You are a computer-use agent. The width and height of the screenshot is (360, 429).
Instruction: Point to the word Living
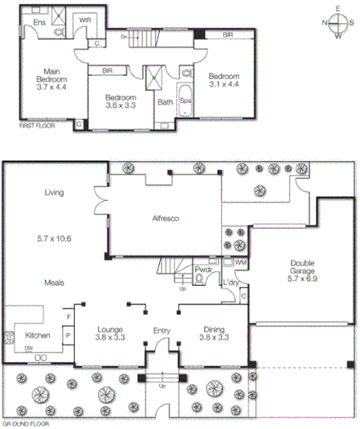point(56,192)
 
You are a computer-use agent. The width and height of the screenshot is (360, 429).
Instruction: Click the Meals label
point(56,282)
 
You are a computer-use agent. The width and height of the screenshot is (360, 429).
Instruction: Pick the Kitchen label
point(38,335)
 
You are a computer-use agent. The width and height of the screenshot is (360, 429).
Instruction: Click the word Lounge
point(112,329)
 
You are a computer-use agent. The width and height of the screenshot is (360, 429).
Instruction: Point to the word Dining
point(213,329)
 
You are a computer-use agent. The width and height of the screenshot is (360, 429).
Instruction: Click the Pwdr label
point(203,269)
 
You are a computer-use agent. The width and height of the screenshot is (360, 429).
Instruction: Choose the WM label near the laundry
point(240,264)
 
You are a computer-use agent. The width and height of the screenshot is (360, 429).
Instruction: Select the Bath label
point(164,101)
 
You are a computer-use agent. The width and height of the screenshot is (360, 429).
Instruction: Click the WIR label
point(85,20)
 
